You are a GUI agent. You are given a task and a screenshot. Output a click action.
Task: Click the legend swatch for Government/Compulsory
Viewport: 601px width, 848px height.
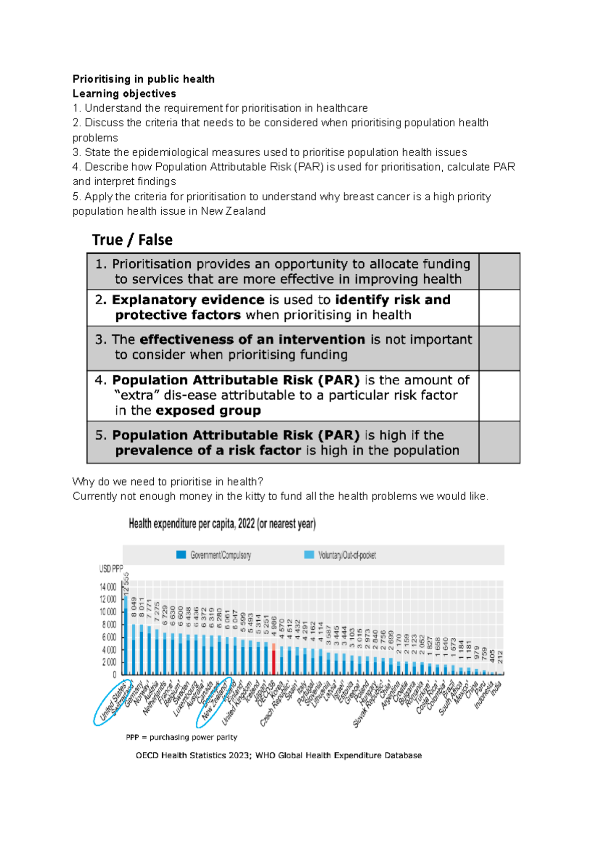[181, 555]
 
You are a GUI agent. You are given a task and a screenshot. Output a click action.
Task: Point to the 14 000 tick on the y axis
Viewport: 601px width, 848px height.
[108, 587]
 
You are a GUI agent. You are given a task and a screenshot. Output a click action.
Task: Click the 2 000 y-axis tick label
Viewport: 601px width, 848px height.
[109, 662]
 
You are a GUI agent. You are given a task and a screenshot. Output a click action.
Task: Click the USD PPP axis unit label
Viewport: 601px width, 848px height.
[111, 569]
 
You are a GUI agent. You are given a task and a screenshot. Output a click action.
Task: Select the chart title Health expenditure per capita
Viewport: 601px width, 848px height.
[222, 524]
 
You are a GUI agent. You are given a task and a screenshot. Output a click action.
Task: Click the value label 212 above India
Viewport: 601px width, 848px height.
[500, 657]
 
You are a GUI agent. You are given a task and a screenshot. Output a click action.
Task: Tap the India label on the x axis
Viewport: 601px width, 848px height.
[496, 689]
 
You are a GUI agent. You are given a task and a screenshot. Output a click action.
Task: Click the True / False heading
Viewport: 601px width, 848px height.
[132, 240]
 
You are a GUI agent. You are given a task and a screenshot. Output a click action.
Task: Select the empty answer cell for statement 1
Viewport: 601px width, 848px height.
[499, 271]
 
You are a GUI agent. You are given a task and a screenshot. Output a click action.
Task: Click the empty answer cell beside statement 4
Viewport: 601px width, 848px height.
[499, 395]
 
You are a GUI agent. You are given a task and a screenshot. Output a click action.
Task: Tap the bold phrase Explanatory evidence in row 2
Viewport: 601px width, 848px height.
[188, 300]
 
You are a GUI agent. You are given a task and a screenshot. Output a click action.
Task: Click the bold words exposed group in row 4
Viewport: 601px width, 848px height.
[208, 411]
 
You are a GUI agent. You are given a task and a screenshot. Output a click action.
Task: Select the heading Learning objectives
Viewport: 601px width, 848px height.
[124, 94]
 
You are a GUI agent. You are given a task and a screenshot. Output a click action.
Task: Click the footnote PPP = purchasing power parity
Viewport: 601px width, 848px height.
[181, 737]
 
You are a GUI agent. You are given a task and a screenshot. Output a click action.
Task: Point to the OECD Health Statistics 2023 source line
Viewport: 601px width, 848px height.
[278, 755]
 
